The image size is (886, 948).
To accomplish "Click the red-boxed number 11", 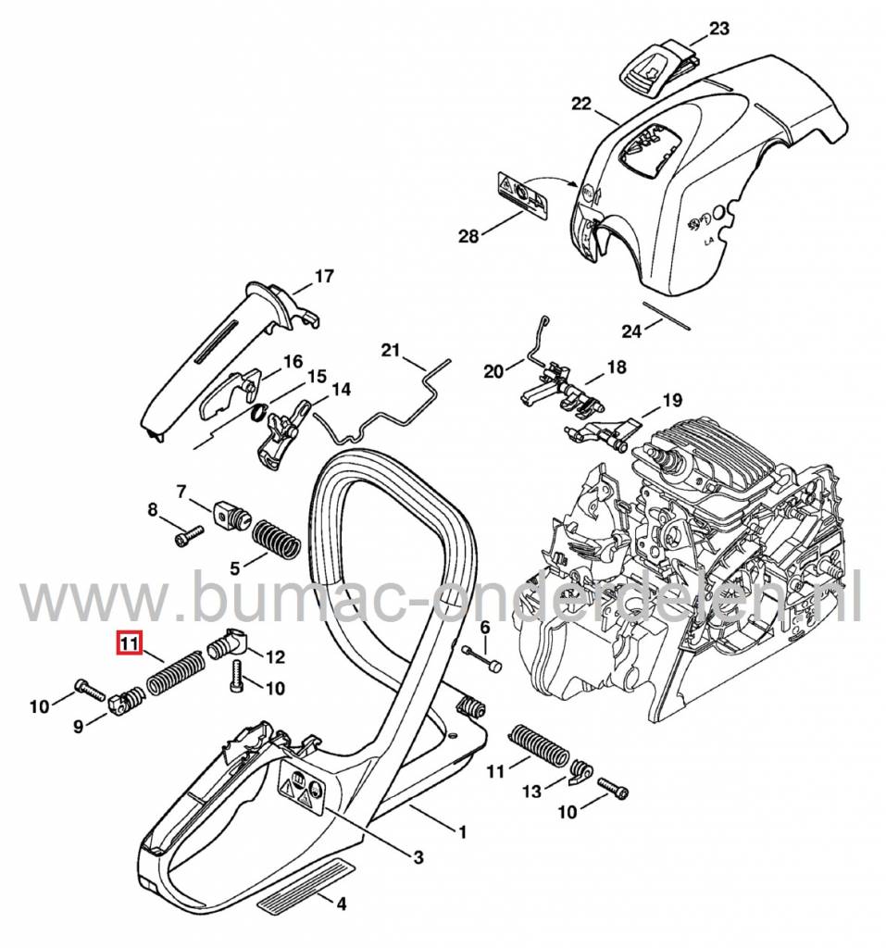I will [128, 642].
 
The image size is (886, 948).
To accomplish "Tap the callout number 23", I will [719, 29].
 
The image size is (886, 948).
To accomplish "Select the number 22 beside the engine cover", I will [580, 105].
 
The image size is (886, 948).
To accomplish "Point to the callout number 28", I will [468, 236].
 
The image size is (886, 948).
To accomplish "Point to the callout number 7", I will [181, 490].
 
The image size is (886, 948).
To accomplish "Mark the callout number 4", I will [342, 904].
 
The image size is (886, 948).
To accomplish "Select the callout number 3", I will [418, 858].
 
